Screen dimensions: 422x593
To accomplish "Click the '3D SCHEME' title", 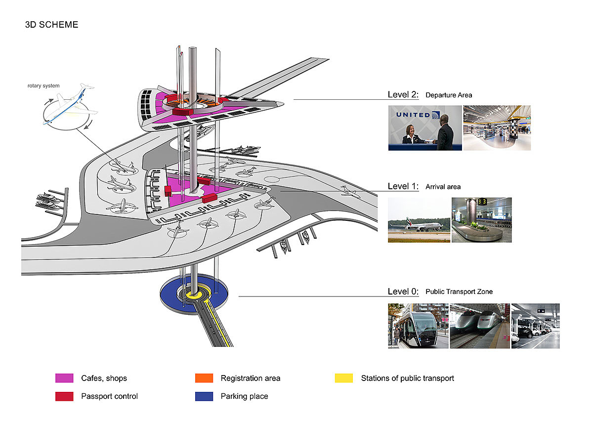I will pyautogui.click(x=51, y=24).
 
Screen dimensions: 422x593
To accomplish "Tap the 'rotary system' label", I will pyautogui.click(x=43, y=86).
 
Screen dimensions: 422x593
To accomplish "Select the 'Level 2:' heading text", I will pyautogui.click(x=403, y=94).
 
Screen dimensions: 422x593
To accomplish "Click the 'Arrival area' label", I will pyautogui.click(x=443, y=187).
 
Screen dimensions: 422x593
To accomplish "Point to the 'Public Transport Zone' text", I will pyautogui.click(x=459, y=292).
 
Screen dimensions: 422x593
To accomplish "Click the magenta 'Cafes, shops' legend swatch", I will pyautogui.click(x=64, y=379).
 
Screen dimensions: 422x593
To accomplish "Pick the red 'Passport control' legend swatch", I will pyautogui.click(x=64, y=396).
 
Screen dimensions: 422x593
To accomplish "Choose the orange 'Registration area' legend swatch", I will pyautogui.click(x=204, y=379).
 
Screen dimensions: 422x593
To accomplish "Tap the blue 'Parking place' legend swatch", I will pyautogui.click(x=204, y=396).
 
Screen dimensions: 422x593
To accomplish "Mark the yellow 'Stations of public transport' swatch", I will pyautogui.click(x=344, y=379).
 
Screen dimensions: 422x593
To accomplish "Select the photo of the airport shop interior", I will pyautogui.click(x=497, y=127).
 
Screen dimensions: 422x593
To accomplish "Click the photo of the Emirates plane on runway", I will pyautogui.click(x=419, y=220).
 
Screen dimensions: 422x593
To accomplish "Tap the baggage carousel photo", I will pyautogui.click(x=481, y=220).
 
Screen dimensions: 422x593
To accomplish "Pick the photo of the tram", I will pyautogui.click(x=418, y=326).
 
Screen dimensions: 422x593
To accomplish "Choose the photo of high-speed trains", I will pyautogui.click(x=480, y=326).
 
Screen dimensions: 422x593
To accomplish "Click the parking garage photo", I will pyautogui.click(x=535, y=326).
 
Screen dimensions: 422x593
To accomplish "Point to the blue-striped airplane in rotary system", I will pyautogui.click(x=69, y=105).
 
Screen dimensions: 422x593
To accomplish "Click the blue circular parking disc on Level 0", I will pyautogui.click(x=171, y=295).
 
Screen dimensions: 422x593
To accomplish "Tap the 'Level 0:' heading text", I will pyautogui.click(x=403, y=292).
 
